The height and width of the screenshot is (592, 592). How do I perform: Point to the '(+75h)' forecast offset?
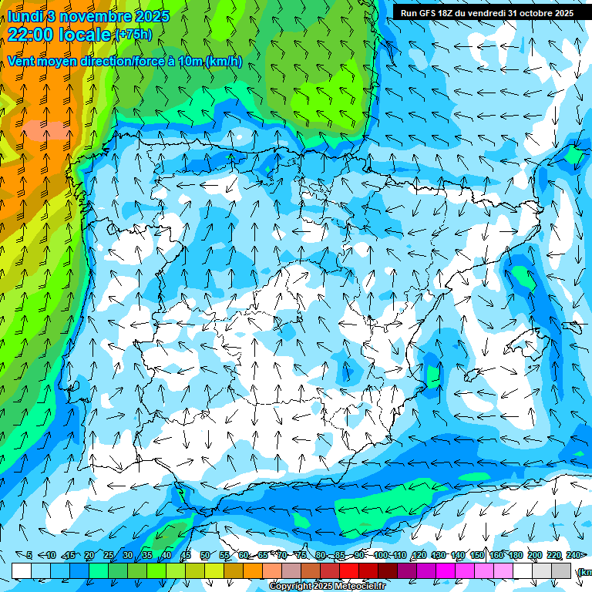coord(133,35)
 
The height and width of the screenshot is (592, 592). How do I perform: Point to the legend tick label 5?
coord(29,556)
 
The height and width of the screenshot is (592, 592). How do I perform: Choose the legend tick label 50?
coord(204,556)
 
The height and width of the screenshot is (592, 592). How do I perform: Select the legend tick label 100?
coord(381,556)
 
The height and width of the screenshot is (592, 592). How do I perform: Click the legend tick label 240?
coord(573,556)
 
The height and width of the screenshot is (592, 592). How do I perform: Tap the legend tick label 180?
coord(515,556)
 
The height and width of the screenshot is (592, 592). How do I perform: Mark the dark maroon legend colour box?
coord(388,570)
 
